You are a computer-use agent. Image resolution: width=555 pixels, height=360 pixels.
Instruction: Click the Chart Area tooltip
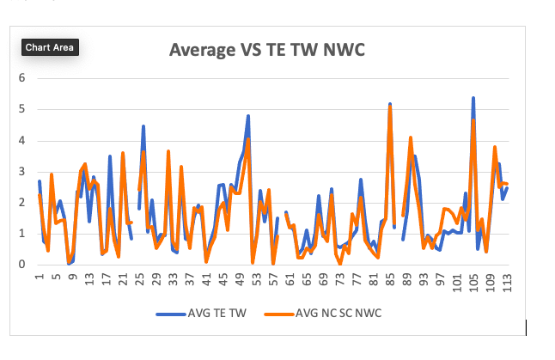pyautogui.click(x=49, y=47)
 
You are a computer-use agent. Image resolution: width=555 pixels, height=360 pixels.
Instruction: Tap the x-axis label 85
pyautogui.click(x=389, y=281)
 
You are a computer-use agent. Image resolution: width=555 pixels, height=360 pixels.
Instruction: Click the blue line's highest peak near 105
pyautogui.click(x=473, y=98)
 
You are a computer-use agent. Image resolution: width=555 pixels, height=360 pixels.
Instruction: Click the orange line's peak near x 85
pyautogui.click(x=390, y=108)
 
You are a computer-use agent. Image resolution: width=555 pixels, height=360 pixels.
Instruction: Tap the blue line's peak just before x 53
pyautogui.click(x=248, y=116)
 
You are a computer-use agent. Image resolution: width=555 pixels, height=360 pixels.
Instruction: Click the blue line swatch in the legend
pyautogui.click(x=170, y=314)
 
